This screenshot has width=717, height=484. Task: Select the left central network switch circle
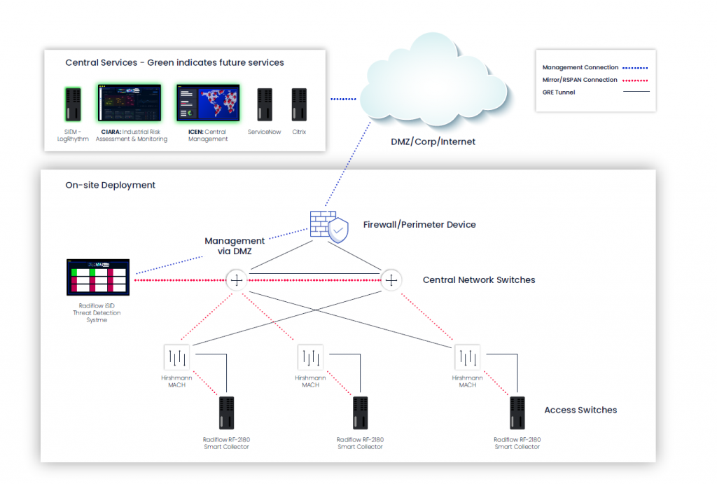pyautogui.click(x=237, y=280)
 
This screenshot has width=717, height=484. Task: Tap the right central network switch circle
pyautogui.click(x=391, y=280)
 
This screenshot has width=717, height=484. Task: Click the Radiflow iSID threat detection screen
pyautogui.click(x=97, y=277)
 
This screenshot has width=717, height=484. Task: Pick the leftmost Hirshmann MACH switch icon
pyautogui.click(x=176, y=358)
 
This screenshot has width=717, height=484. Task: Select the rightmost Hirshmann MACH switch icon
pyautogui.click(x=467, y=358)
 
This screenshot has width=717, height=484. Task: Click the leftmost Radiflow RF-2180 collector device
pyautogui.click(x=226, y=414)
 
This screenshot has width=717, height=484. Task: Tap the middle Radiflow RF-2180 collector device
pyautogui.click(x=360, y=414)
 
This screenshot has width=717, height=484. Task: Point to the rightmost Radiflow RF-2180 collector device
pyautogui.click(x=517, y=414)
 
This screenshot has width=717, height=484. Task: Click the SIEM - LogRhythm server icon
pyautogui.click(x=74, y=104)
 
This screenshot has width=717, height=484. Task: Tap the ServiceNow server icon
pyautogui.click(x=265, y=105)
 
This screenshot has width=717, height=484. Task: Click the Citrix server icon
pyautogui.click(x=299, y=105)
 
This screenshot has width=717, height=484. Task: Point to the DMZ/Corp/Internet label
pyautogui.click(x=433, y=141)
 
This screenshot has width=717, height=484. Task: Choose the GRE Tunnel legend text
pyautogui.click(x=559, y=92)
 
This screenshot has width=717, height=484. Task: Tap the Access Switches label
pyautogui.click(x=580, y=410)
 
